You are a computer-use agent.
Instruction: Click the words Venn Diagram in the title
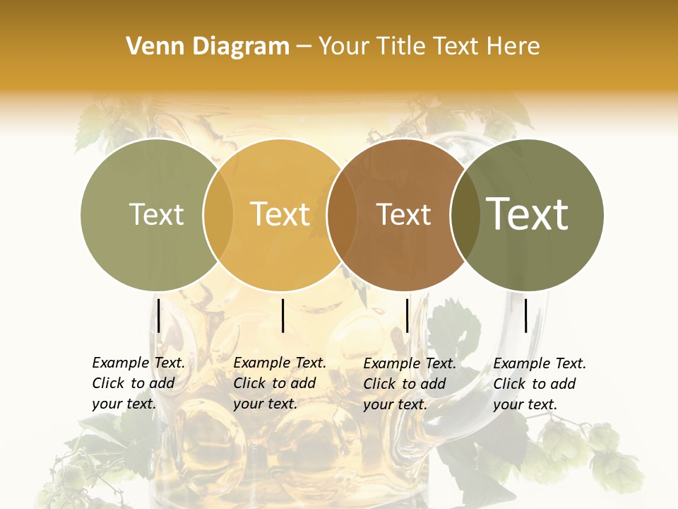tap(208, 47)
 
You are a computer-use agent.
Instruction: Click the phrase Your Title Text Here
tap(429, 47)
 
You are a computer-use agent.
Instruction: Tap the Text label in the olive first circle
tap(156, 214)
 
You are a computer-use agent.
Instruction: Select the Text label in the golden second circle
tap(280, 214)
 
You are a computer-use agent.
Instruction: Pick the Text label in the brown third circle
tap(403, 214)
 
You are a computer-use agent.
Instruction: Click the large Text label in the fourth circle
tap(528, 214)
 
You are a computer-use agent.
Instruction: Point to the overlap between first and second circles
tap(218, 215)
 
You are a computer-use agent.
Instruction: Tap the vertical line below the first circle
tap(159, 315)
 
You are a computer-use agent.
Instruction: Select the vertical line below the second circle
tap(282, 315)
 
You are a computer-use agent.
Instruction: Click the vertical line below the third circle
tap(407, 315)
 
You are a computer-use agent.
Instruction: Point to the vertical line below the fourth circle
tap(526, 315)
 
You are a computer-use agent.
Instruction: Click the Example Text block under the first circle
tap(138, 383)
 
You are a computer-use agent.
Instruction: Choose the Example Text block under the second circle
tap(280, 383)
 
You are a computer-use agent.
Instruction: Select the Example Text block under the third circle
tap(410, 383)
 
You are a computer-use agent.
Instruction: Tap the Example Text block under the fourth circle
tap(540, 383)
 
